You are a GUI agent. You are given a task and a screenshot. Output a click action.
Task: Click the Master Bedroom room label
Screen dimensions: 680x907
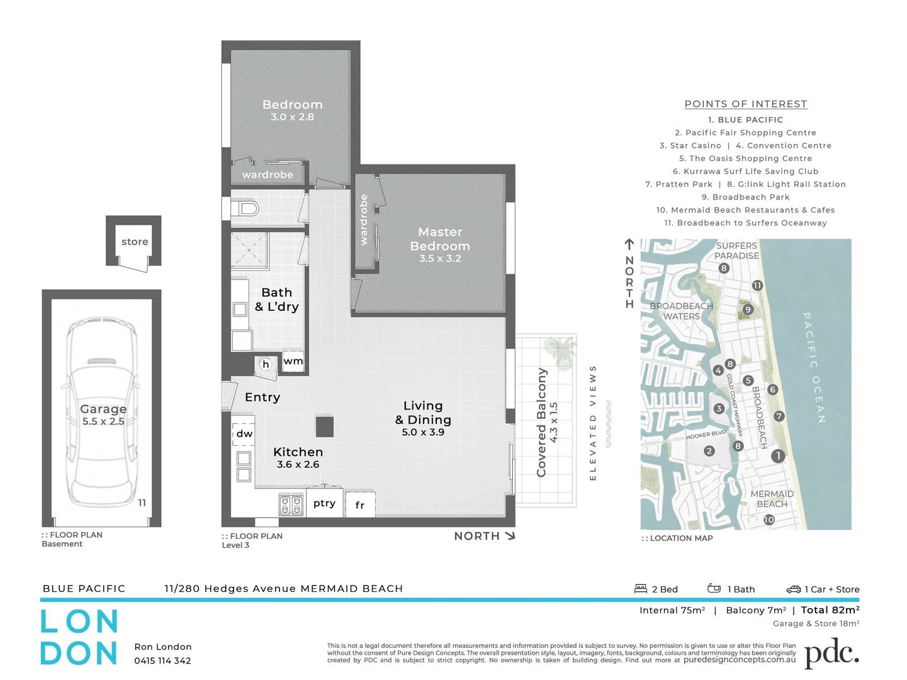point(440,239)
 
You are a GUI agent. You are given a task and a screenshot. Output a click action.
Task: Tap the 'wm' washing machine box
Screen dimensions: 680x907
point(293,361)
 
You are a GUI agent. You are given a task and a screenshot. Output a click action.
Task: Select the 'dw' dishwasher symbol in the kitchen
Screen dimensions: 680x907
point(244,433)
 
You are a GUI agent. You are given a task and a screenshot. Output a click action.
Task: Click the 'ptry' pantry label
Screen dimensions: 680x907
point(324,503)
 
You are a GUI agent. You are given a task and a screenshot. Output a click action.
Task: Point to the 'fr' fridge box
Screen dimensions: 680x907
point(360,505)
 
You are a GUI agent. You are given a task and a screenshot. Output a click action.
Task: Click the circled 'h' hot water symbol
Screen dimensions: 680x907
point(266,364)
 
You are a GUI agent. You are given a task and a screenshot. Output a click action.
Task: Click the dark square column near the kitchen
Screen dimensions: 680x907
point(325,426)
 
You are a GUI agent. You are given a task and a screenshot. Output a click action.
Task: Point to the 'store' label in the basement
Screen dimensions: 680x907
point(135,242)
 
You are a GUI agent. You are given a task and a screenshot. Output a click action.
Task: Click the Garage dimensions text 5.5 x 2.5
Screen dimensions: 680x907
point(103,421)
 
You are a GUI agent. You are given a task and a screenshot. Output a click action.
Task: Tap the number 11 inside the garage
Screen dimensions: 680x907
point(142,502)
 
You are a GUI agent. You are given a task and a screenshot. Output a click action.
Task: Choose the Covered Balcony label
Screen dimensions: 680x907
point(541,422)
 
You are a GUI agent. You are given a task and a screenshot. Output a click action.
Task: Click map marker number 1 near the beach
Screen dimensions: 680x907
point(778,456)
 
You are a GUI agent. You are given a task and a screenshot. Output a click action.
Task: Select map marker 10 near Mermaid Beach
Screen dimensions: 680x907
point(769,519)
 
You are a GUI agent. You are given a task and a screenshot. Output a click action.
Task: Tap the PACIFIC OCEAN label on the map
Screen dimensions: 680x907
point(813,368)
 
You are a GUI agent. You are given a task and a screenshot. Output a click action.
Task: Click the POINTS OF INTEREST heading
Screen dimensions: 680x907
point(745,104)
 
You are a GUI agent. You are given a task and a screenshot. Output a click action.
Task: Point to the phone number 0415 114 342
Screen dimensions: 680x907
point(162,660)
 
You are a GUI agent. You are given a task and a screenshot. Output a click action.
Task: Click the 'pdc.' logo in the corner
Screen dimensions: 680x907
point(831,653)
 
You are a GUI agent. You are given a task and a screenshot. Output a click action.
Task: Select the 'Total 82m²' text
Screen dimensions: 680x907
point(830,610)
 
